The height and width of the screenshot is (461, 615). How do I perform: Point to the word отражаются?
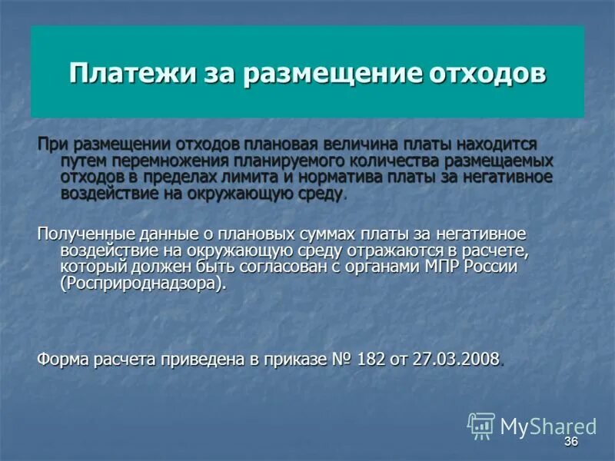[x=358, y=250]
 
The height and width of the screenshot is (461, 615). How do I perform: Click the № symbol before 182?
[x=341, y=359]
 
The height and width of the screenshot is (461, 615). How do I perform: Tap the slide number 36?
[x=570, y=442]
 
